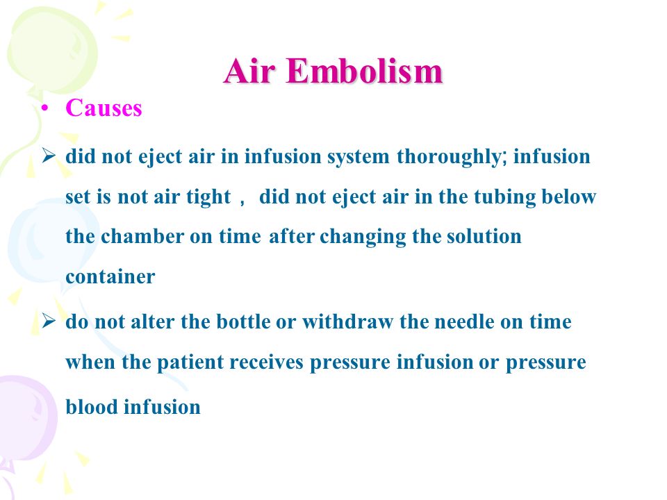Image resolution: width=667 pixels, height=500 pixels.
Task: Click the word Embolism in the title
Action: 365,71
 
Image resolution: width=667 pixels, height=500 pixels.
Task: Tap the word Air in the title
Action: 249,71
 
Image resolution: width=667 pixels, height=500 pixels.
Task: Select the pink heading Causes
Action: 104,108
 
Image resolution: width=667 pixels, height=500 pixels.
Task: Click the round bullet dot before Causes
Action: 45,109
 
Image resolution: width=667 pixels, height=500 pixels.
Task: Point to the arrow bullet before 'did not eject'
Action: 49,156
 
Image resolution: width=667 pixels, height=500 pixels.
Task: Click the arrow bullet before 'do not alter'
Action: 49,321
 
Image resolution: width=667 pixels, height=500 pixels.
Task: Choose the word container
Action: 110,277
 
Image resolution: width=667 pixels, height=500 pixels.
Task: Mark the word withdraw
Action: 347,322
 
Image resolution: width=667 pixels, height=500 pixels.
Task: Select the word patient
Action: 190,363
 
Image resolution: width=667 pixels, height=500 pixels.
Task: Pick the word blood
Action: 92,407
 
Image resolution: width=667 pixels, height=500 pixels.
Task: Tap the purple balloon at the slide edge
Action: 26,421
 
